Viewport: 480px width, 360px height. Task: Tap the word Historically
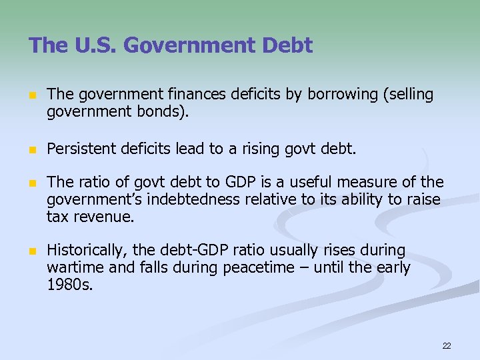(87, 251)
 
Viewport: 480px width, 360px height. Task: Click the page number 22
(446, 345)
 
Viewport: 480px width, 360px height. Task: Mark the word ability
(363, 200)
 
